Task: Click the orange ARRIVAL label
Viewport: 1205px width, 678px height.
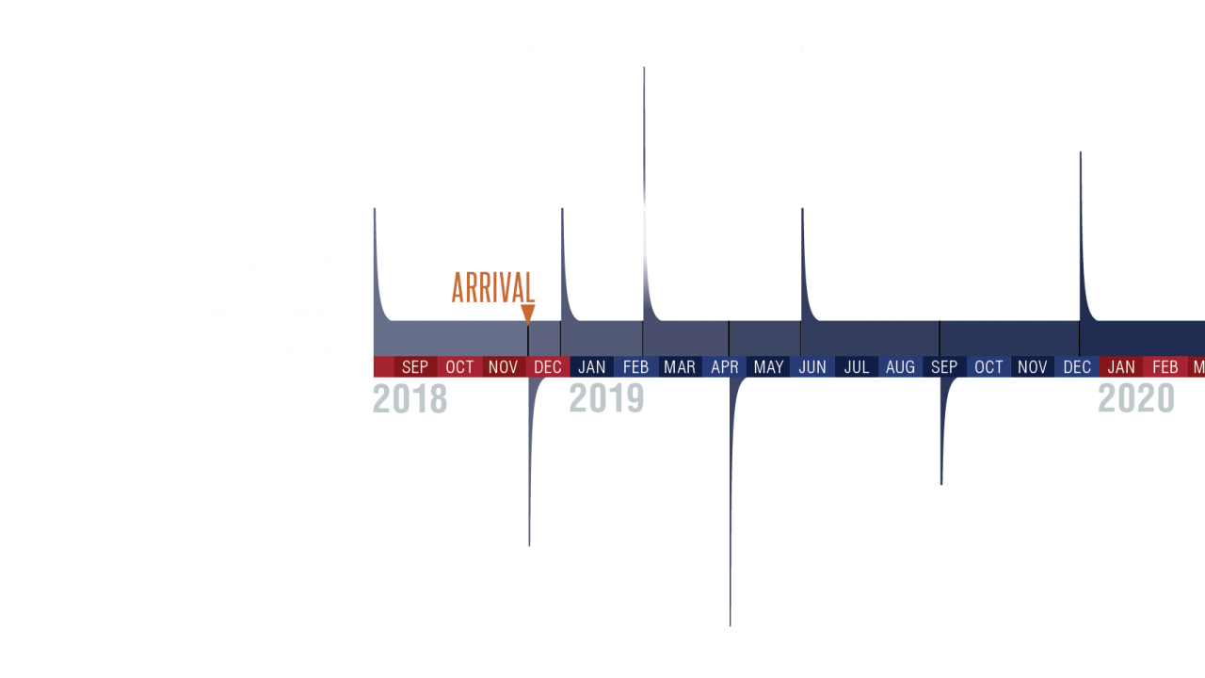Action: click(492, 288)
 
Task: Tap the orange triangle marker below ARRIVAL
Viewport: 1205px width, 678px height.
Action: click(528, 314)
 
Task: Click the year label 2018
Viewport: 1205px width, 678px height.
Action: click(410, 399)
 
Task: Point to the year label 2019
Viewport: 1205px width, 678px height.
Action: click(606, 399)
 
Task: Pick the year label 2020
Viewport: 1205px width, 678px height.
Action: click(1136, 399)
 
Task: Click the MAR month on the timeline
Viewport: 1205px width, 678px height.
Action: click(680, 367)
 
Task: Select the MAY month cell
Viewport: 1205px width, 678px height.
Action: click(768, 367)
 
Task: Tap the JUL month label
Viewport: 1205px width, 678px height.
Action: click(857, 367)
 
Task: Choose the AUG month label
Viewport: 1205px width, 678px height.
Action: click(900, 367)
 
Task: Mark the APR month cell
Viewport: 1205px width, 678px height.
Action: click(724, 367)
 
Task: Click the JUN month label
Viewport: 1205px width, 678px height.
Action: click(812, 367)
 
